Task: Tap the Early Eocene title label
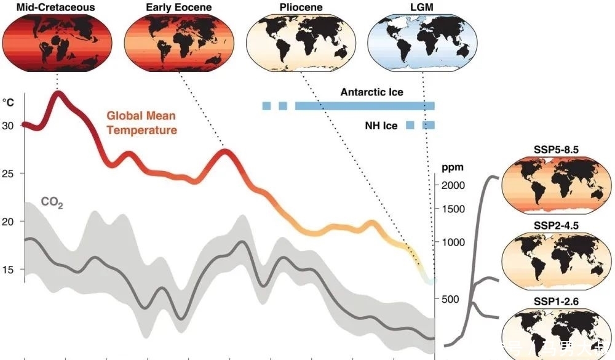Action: pyautogui.click(x=178, y=8)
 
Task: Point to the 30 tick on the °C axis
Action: pyautogui.click(x=9, y=126)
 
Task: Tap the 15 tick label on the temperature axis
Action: pyautogui.click(x=9, y=270)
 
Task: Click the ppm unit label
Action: pyautogui.click(x=452, y=166)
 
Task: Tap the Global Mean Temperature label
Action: pyautogui.click(x=141, y=122)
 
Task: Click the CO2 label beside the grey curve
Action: pyautogui.click(x=52, y=202)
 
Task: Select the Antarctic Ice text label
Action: pyautogui.click(x=371, y=92)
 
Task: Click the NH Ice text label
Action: pyautogui.click(x=381, y=126)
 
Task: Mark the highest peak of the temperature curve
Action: pyautogui.click(x=59, y=94)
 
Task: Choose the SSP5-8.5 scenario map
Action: pyautogui.click(x=557, y=184)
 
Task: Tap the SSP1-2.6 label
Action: pyautogui.click(x=557, y=302)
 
